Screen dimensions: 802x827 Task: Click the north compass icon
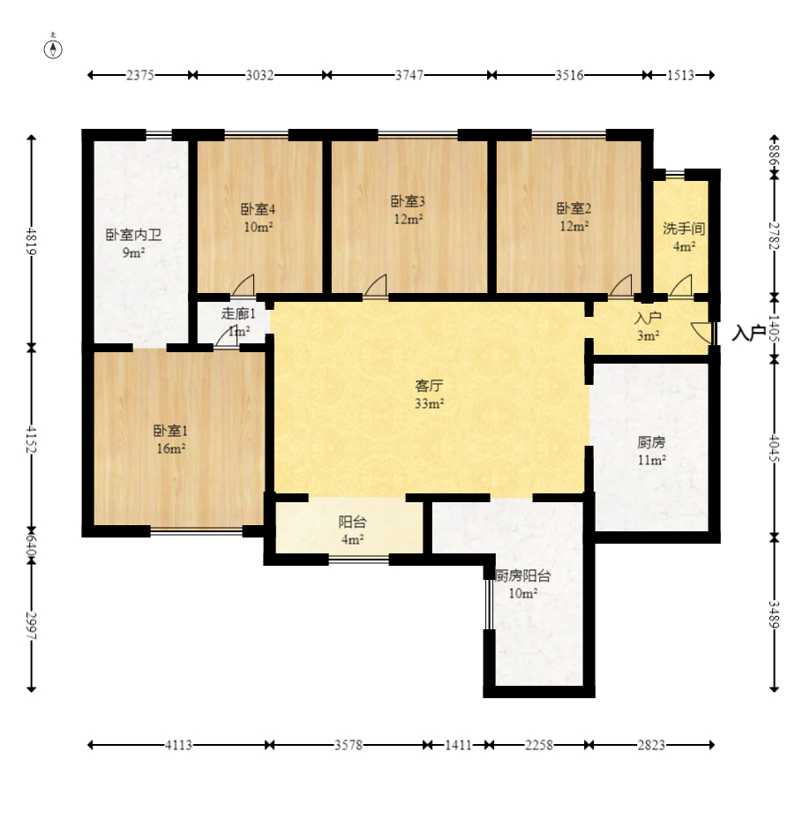click(53, 47)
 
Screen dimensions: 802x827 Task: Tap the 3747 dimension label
click(409, 75)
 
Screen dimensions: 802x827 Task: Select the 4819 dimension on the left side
click(31, 241)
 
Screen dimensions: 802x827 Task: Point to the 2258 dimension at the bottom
click(539, 745)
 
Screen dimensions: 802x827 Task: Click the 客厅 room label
click(429, 386)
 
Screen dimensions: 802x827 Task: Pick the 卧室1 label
click(170, 431)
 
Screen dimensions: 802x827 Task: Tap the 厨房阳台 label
click(522, 575)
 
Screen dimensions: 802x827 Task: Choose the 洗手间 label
click(684, 229)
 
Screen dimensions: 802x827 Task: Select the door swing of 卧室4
click(244, 285)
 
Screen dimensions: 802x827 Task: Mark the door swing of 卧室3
click(375, 285)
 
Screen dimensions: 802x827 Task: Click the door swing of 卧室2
click(620, 285)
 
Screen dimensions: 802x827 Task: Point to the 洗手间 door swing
click(681, 285)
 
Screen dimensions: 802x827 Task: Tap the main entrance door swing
click(701, 332)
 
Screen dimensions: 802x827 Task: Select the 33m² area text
click(429, 403)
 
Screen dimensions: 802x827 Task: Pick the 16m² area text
click(170, 448)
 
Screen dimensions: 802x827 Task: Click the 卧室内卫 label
click(133, 235)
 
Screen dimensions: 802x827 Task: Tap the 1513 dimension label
click(680, 75)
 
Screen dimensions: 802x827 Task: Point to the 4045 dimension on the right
click(774, 447)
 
